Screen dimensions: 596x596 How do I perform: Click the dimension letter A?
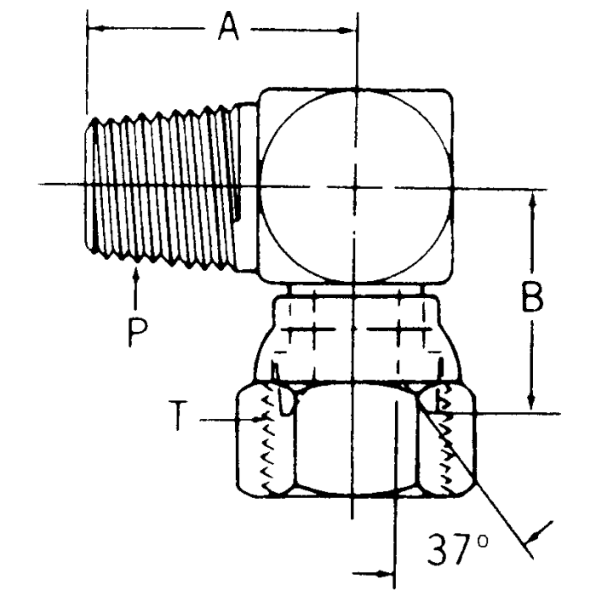point(226,26)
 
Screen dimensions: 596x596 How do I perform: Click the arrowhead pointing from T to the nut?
point(255,419)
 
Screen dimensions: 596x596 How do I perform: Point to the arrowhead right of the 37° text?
point(533,535)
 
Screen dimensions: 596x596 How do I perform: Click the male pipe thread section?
point(162,187)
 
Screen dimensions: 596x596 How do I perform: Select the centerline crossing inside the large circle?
point(356,187)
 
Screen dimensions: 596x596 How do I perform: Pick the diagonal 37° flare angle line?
point(477,485)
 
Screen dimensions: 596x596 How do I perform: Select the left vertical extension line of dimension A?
point(88,68)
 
